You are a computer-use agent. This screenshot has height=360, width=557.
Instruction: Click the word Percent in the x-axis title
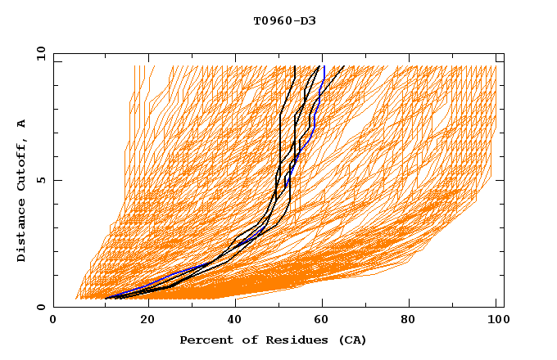[x=202, y=340]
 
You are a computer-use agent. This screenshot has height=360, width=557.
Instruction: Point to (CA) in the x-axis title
[x=351, y=340]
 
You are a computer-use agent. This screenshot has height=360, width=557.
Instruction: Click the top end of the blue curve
[x=324, y=66]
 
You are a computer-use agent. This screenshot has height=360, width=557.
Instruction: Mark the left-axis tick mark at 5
[x=56, y=180]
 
